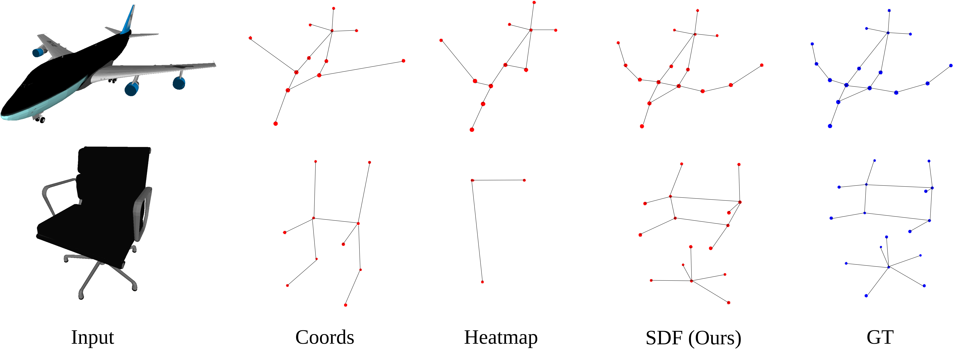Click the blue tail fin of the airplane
coord(128,21)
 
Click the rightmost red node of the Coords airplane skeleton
coord(403,61)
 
